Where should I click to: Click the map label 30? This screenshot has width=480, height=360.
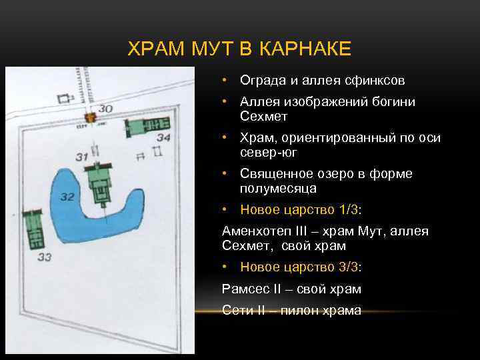tap(105, 109)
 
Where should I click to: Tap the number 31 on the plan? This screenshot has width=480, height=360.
tap(82, 157)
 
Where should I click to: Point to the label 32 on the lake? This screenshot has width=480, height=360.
tap(67, 197)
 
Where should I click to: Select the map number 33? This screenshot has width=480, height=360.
tap(45, 257)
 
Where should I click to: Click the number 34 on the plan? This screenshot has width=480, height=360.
tap(163, 138)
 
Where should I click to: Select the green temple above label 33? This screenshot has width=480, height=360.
tap(32, 229)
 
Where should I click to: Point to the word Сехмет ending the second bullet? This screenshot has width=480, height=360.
tap(264, 116)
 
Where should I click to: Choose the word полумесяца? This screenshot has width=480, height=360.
tap(279, 188)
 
